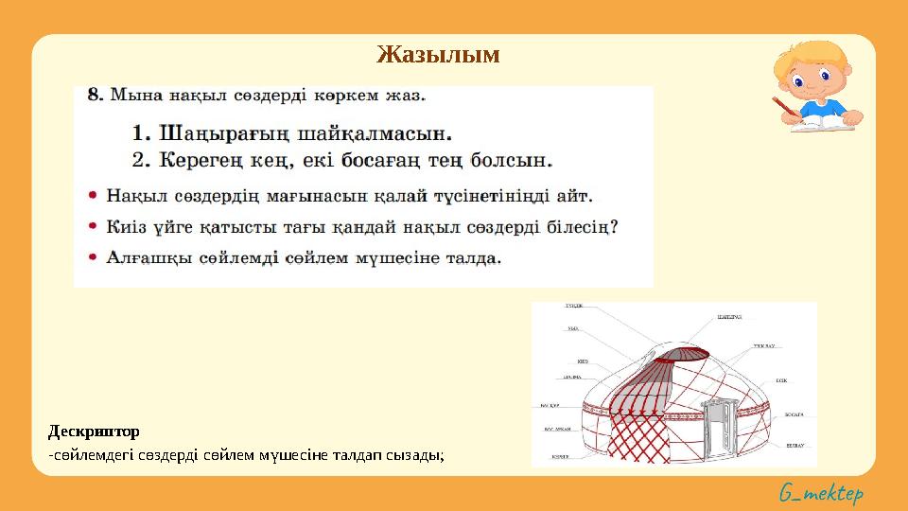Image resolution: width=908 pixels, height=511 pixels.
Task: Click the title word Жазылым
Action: pyautogui.click(x=438, y=54)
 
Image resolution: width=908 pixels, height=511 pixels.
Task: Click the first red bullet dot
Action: pyautogui.click(x=93, y=197)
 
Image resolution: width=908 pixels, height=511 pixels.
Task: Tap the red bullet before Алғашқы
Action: pyautogui.click(x=93, y=257)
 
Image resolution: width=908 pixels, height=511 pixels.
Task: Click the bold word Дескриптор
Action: pyautogui.click(x=94, y=432)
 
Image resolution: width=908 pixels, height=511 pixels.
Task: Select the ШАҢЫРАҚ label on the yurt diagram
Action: pyautogui.click(x=729, y=317)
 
